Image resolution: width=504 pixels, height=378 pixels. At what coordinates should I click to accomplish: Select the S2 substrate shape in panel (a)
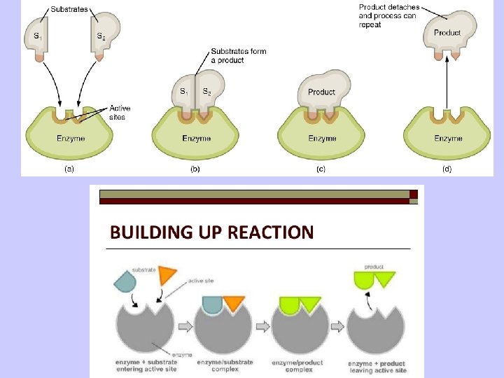[x=105, y=35]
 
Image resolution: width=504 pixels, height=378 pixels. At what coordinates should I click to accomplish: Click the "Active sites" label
[x=119, y=113]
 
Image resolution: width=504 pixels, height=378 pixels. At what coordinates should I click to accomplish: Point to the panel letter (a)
[x=70, y=168]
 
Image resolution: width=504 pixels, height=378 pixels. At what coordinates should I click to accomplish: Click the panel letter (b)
[x=196, y=168]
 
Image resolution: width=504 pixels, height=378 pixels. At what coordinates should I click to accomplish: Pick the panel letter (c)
[x=321, y=168]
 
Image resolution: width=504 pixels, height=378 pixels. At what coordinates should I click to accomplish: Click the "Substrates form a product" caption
[x=238, y=56]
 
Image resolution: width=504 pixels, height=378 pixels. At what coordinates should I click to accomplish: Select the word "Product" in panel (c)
[x=321, y=92]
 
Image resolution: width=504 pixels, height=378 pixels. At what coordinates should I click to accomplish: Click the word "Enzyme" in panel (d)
[x=448, y=138]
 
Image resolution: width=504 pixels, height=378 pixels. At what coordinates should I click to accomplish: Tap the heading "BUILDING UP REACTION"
[x=211, y=232]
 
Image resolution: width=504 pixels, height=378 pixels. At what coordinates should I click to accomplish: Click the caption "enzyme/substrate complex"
[x=224, y=365]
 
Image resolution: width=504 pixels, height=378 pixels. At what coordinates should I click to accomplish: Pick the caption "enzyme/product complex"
[x=298, y=365]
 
